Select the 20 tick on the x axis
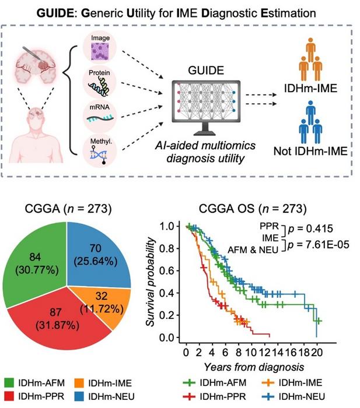pyautogui.click(x=316, y=352)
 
